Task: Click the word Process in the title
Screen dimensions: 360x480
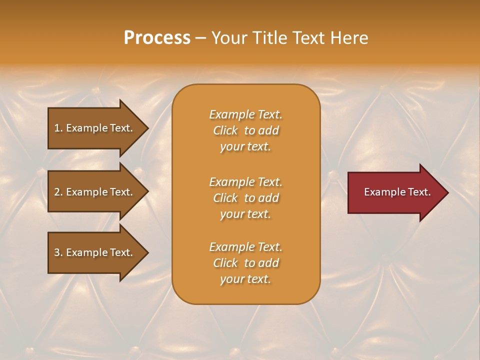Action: coord(157,38)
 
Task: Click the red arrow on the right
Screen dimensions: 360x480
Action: coord(395,192)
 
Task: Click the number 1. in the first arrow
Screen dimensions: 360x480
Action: coord(58,128)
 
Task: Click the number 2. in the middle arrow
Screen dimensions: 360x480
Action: coord(58,192)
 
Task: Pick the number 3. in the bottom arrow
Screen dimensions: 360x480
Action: coord(58,252)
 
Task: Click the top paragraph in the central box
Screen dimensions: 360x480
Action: coord(245,130)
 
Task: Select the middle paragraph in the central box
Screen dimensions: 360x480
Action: coord(245,197)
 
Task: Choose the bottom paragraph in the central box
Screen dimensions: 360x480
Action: coord(245,263)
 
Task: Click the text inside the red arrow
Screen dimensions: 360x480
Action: coord(397,192)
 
